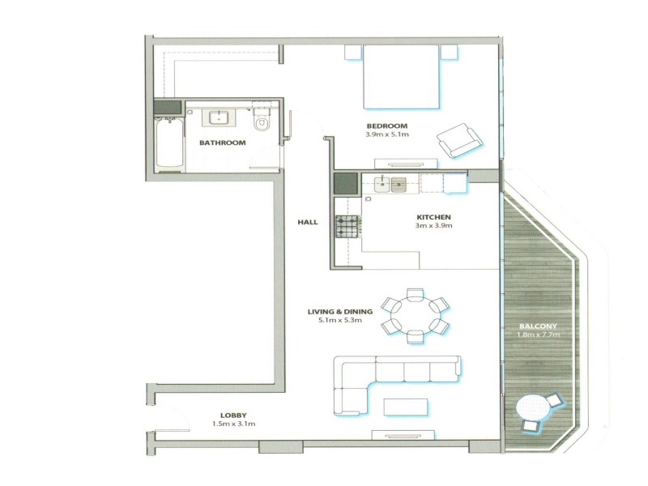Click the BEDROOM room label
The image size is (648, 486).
click(387, 126)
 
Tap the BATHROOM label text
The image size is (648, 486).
click(222, 143)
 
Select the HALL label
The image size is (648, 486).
click(308, 222)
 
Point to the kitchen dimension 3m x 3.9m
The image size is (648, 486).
click(433, 226)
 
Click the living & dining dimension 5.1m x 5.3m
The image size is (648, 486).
click(340, 320)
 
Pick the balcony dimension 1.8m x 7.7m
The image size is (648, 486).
click(538, 335)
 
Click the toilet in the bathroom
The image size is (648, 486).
click(261, 118)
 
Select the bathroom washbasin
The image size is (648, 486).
click(218, 117)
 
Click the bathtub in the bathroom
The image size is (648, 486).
click(169, 143)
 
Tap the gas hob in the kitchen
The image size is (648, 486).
click(347, 227)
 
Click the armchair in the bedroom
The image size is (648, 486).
click(460, 140)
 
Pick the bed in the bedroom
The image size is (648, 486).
click(400, 77)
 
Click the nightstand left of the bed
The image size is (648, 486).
click(353, 53)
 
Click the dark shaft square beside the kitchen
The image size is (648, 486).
click(346, 184)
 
